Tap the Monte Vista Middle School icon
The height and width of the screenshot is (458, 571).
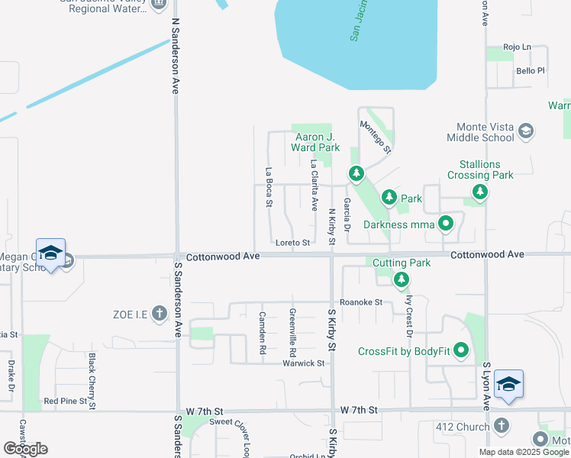(x=525, y=131)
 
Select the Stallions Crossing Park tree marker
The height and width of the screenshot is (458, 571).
(x=479, y=192)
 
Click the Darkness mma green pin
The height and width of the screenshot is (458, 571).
(x=446, y=224)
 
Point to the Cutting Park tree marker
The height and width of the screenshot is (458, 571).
(x=402, y=280)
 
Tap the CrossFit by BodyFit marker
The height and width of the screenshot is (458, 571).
(x=461, y=351)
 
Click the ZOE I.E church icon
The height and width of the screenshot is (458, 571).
(x=159, y=312)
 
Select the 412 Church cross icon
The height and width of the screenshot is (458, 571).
(x=502, y=426)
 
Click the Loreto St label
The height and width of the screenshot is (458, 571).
(x=292, y=243)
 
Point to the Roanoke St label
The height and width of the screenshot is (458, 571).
(x=361, y=302)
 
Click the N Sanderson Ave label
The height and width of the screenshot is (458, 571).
(x=175, y=56)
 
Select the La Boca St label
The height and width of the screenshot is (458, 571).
(x=269, y=187)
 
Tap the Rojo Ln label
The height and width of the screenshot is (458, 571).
(x=516, y=47)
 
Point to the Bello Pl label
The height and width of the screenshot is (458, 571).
(x=530, y=71)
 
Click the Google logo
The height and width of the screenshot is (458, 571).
(x=25, y=449)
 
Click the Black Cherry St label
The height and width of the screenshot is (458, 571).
(x=92, y=371)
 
